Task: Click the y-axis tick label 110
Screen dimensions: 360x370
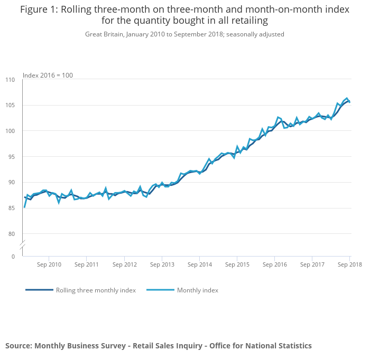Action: click(x=10, y=80)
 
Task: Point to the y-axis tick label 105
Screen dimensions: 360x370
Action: click(x=10, y=106)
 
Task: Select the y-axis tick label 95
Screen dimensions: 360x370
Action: click(x=12, y=157)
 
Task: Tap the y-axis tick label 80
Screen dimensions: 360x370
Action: click(x=12, y=234)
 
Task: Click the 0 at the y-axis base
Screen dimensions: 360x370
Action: click(x=13, y=257)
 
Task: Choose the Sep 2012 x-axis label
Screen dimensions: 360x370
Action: click(x=124, y=264)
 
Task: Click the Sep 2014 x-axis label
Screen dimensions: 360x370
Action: click(x=199, y=264)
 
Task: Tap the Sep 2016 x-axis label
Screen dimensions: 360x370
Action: click(x=274, y=264)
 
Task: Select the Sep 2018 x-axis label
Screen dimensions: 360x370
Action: click(x=349, y=264)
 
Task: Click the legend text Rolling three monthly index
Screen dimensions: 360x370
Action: click(x=96, y=290)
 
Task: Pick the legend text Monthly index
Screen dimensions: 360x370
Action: click(x=197, y=290)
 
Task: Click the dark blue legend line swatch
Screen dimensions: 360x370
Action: click(x=40, y=290)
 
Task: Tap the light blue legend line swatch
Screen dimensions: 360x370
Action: click(x=160, y=290)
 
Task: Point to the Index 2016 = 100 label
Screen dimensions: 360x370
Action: click(x=48, y=75)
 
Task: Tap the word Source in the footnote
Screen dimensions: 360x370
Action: click(x=18, y=346)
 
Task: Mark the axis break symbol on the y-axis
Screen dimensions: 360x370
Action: click(x=22, y=245)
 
